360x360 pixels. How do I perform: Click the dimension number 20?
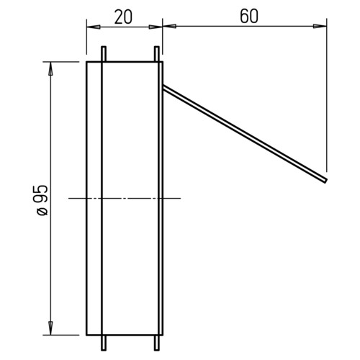(x=123, y=17)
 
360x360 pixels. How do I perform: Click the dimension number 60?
(x=249, y=17)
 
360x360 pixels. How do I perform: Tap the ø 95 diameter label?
(x=42, y=200)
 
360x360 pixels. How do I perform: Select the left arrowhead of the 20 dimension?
(x=94, y=27)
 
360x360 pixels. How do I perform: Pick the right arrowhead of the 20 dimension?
(x=156, y=27)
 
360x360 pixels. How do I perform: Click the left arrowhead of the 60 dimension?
(x=169, y=26)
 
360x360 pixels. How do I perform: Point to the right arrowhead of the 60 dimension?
(x=320, y=26)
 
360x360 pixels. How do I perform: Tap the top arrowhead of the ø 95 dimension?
(x=50, y=68)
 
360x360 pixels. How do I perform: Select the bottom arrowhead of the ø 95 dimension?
(x=50, y=328)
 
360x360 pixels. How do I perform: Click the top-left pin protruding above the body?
(x=104, y=54)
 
